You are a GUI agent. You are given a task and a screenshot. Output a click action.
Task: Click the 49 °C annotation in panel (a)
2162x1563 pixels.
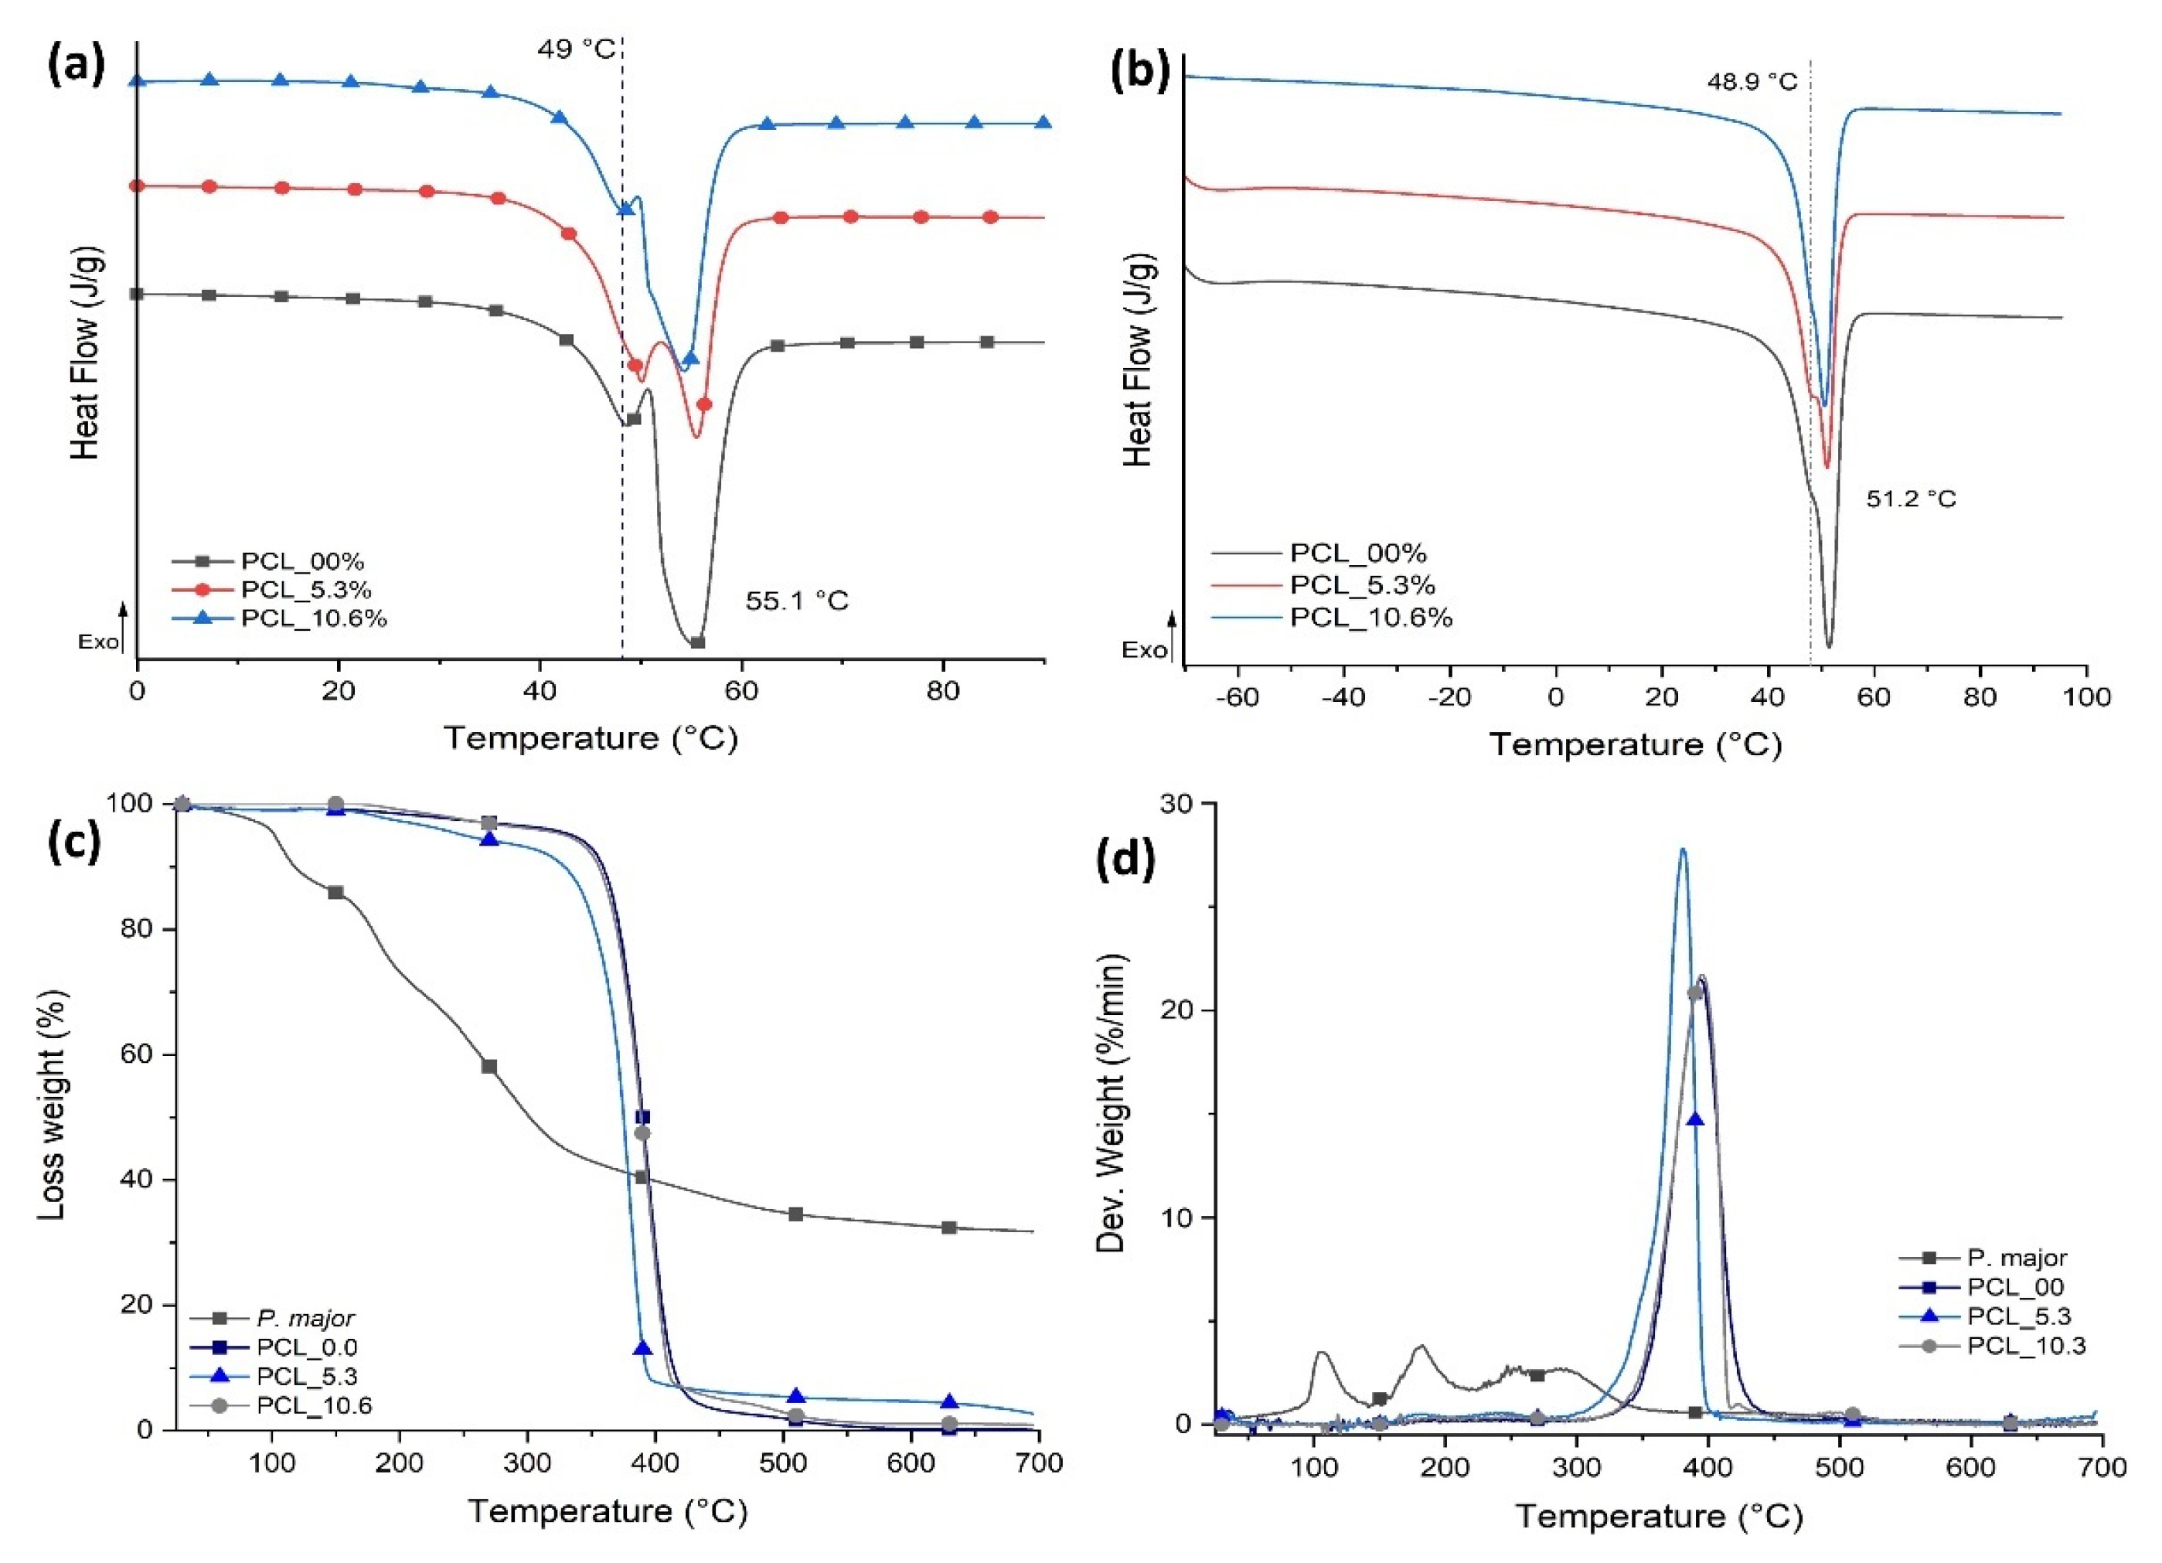[x=576, y=48]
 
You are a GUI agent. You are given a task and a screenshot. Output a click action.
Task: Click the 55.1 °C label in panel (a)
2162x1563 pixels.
[x=796, y=601]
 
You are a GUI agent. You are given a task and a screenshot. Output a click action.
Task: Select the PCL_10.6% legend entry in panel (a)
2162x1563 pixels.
[x=314, y=618]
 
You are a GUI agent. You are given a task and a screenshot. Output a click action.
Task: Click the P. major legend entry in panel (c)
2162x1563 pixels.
[x=305, y=1318]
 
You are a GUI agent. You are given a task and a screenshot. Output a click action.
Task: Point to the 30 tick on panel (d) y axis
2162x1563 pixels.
[x=1181, y=803]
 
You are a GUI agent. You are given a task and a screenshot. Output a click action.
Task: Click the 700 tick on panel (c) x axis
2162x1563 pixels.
[x=1038, y=1463]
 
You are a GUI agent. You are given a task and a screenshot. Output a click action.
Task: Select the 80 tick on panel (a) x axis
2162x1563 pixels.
[x=943, y=691]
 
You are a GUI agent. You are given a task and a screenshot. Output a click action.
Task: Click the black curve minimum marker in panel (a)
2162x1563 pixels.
[x=697, y=642]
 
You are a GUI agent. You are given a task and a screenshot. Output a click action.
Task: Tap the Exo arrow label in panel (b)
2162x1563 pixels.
[x=1143, y=651]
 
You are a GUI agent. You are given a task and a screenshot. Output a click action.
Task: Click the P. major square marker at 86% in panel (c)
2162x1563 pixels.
[x=335, y=892]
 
